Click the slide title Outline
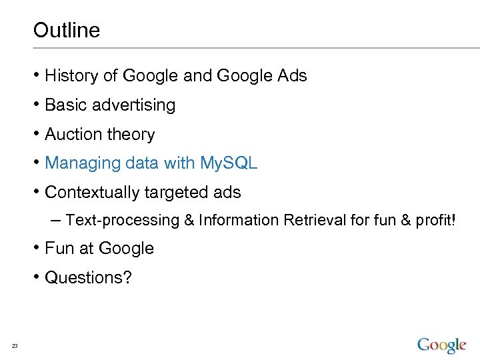[66, 31]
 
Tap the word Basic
[65, 105]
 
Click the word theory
[131, 135]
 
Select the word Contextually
[92, 193]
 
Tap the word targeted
[173, 193]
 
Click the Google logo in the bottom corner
[441, 344]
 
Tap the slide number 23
[15, 345]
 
